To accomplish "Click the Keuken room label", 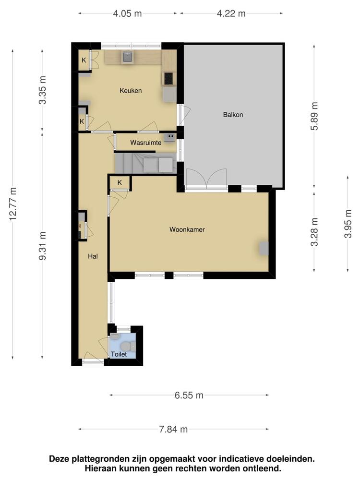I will click(x=131, y=90).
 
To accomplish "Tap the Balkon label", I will click(x=233, y=115).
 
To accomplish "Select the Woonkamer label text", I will click(x=187, y=230).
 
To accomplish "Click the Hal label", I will click(x=93, y=256).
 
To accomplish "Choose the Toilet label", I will click(x=119, y=354).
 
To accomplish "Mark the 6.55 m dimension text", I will click(x=189, y=396).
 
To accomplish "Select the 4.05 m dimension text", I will click(x=128, y=13).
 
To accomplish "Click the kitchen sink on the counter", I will click(x=127, y=57).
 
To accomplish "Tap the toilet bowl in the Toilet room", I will click(x=126, y=346).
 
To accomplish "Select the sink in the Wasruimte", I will click(x=170, y=138).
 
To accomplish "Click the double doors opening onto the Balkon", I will click(x=206, y=179).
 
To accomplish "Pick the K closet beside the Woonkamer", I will click(x=120, y=182).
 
